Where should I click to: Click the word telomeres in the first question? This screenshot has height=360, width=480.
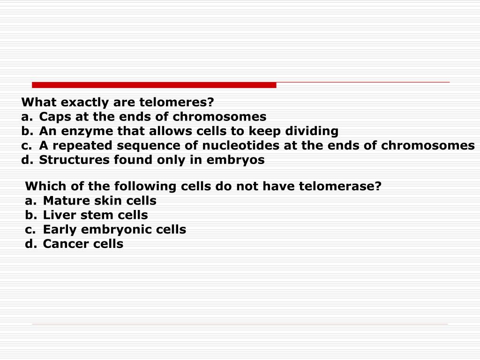[177, 102]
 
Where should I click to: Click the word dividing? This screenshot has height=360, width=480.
[312, 131]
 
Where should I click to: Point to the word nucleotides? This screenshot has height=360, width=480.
[240, 145]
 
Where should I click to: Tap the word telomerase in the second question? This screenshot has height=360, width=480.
[340, 186]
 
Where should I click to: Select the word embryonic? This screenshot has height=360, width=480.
[116, 230]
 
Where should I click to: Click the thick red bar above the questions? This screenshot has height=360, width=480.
[154, 85]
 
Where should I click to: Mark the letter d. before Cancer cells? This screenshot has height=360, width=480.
[31, 244]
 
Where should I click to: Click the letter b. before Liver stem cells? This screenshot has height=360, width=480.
[31, 215]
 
